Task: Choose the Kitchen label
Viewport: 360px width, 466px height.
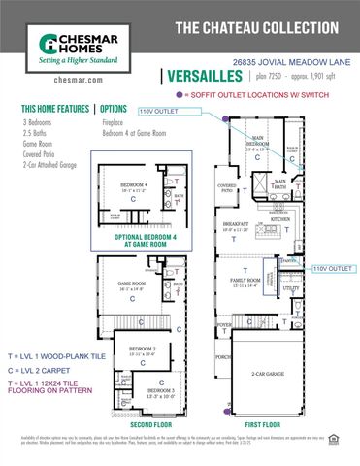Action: [x=280, y=219]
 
